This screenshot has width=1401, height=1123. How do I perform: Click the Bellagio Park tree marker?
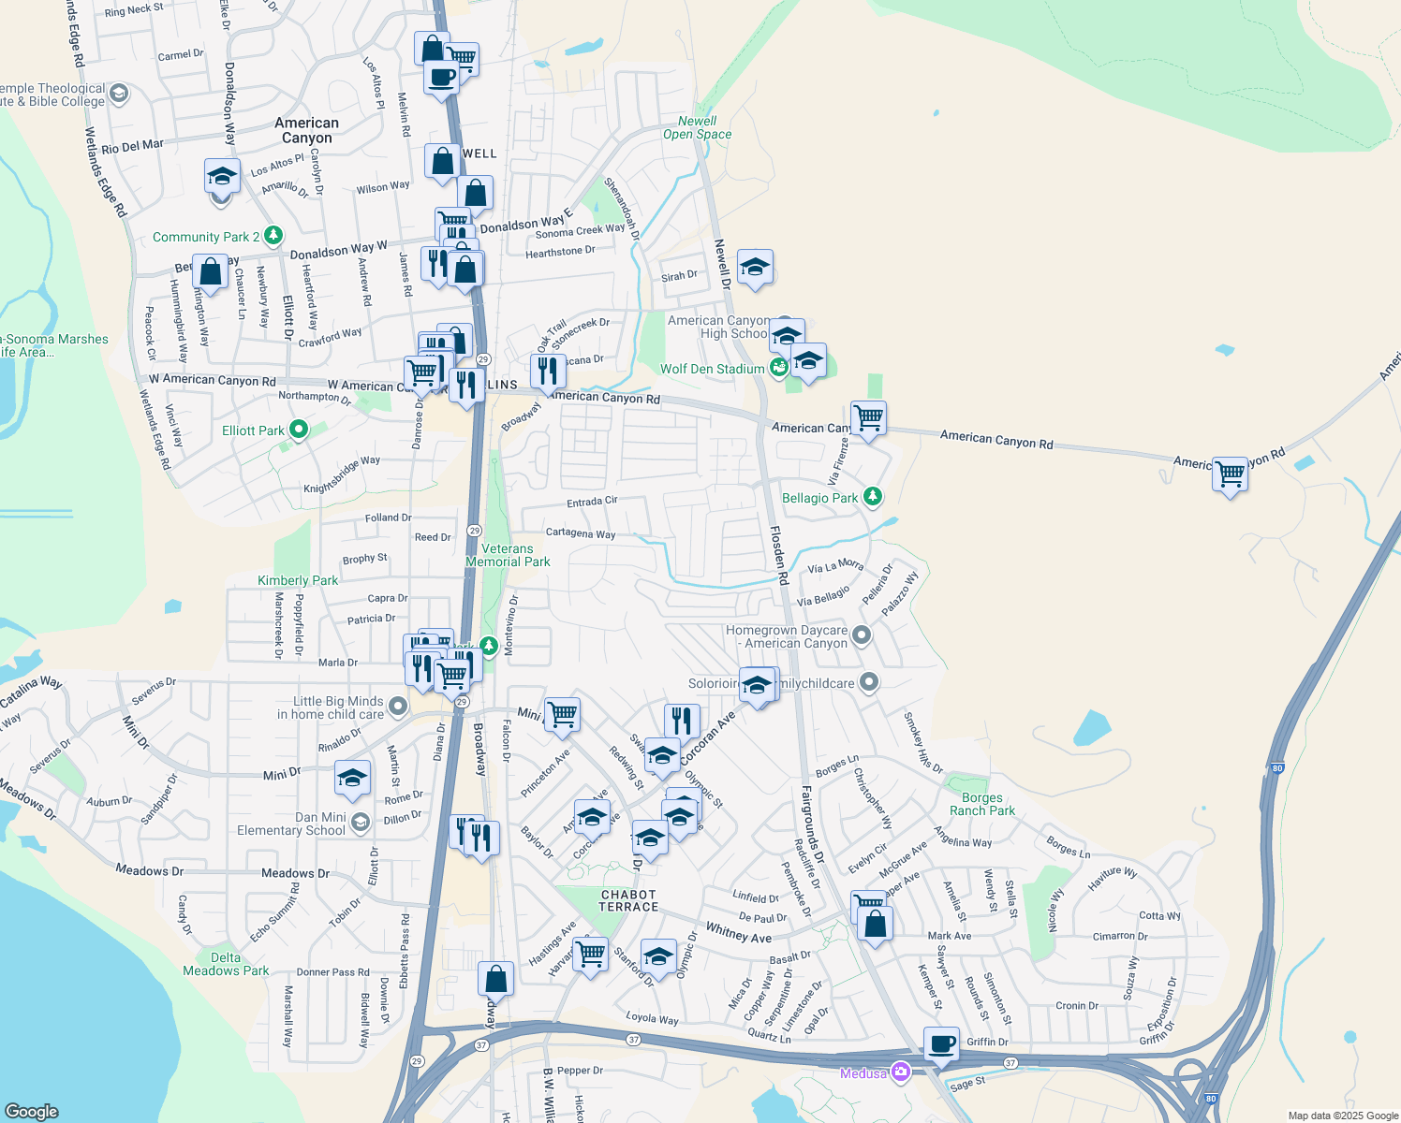tap(873, 496)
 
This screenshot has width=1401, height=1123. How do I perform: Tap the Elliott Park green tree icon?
tap(299, 430)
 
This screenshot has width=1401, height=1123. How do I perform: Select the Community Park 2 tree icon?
tap(273, 235)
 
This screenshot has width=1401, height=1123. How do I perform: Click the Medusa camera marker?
tap(901, 1072)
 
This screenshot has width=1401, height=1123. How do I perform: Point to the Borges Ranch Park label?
tap(981, 805)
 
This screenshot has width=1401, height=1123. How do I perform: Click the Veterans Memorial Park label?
tap(508, 555)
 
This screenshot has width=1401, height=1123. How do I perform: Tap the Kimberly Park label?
tap(298, 580)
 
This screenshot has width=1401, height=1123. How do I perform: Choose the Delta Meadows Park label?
tap(226, 964)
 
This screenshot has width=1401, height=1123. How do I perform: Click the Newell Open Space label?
tap(697, 127)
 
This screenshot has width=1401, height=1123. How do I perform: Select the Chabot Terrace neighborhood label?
tap(628, 900)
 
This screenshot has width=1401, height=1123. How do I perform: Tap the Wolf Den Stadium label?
tap(712, 369)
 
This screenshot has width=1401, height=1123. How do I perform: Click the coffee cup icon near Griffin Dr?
tap(941, 1043)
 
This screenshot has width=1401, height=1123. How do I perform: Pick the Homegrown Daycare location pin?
tap(862, 636)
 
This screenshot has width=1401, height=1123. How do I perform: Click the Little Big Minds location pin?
tap(398, 707)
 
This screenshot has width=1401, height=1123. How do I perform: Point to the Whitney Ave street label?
tap(738, 932)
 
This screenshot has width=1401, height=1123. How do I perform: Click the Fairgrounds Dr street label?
tap(811, 824)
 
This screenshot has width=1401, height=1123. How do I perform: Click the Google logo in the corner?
tap(32, 1111)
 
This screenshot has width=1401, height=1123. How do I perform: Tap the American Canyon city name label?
tap(306, 130)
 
